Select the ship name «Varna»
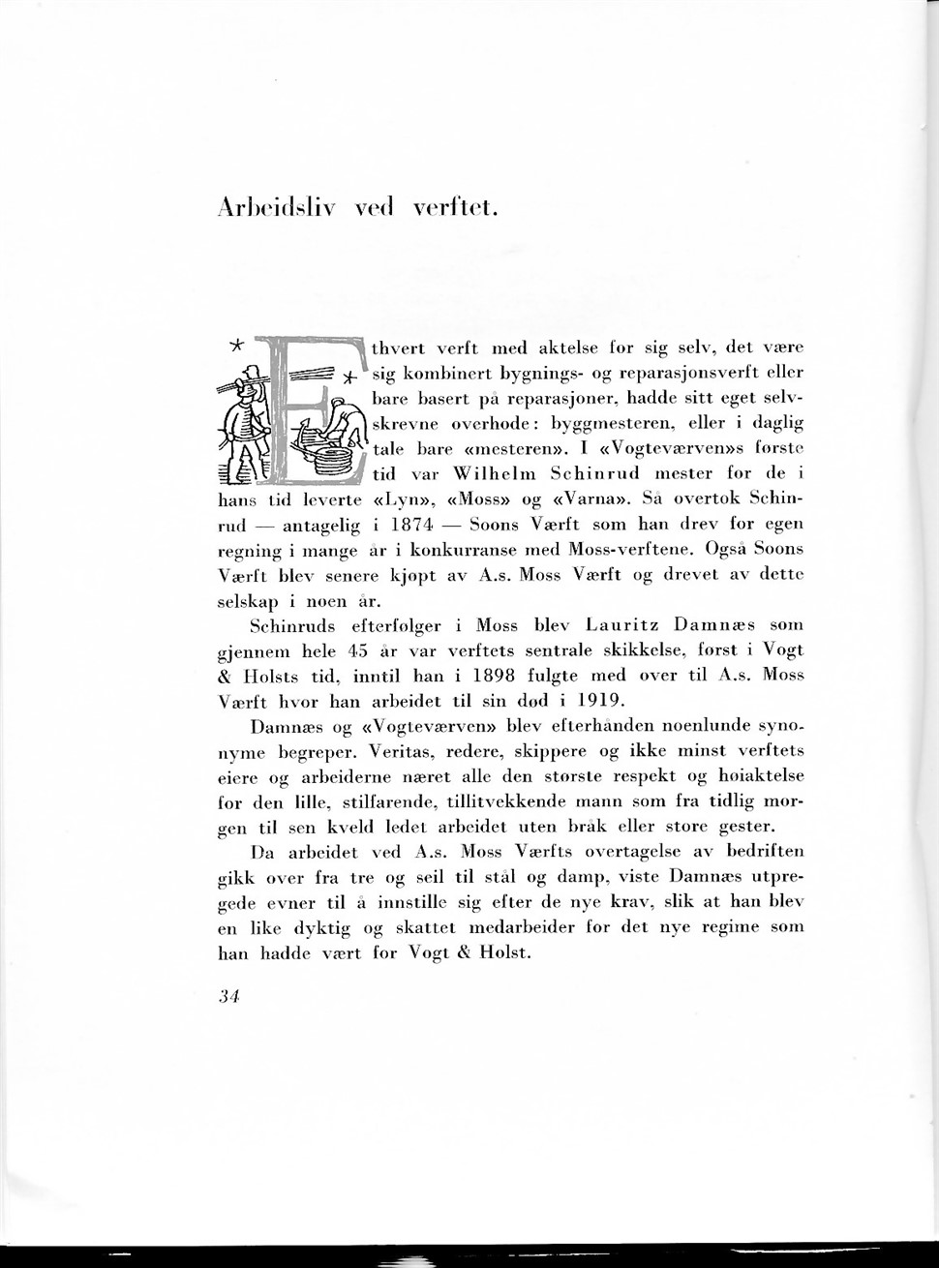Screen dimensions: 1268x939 590,499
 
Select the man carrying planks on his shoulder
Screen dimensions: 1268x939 246,416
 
